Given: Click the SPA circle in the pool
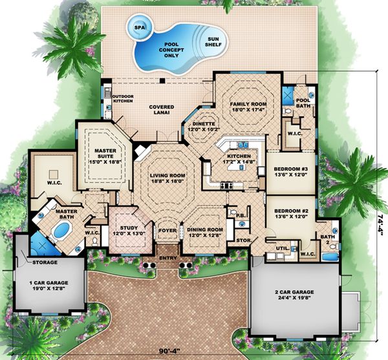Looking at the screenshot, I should (139, 28).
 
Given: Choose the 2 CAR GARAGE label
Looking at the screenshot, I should (292, 295).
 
